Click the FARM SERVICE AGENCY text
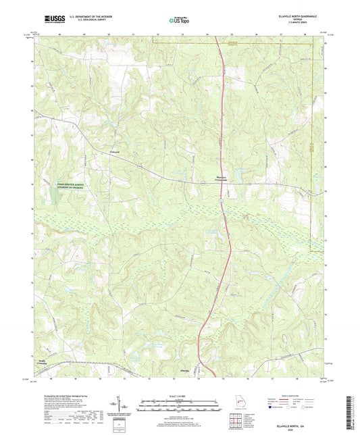61,183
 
